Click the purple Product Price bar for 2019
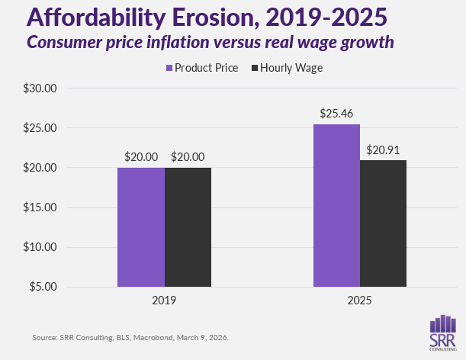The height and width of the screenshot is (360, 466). (x=140, y=227)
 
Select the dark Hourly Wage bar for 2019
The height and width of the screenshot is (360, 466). (x=188, y=227)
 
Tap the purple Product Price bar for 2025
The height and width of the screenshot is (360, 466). (x=336, y=206)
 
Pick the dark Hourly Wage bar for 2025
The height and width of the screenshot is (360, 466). (x=384, y=223)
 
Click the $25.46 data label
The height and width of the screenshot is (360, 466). (x=336, y=114)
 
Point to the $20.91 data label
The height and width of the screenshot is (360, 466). (x=384, y=149)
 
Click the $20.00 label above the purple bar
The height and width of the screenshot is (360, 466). (x=141, y=156)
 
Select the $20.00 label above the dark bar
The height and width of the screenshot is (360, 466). (x=188, y=156)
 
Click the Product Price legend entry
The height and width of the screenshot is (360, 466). (x=201, y=68)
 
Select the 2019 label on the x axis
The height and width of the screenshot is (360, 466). (x=164, y=301)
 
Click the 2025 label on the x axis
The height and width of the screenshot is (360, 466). (x=360, y=301)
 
